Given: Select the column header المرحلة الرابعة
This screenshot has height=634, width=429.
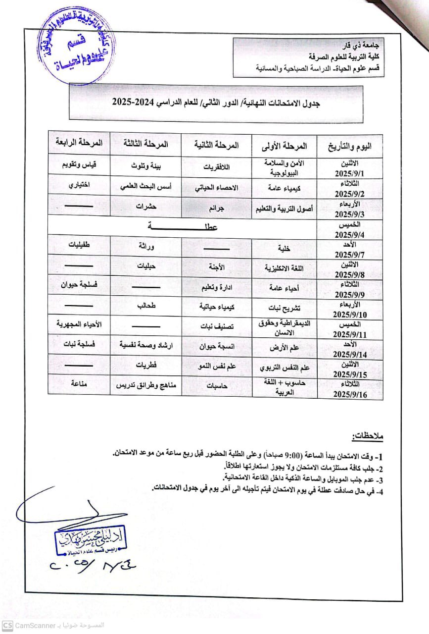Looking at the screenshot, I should pos(79,143).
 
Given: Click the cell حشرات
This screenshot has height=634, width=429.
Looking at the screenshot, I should pos(146,207).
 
